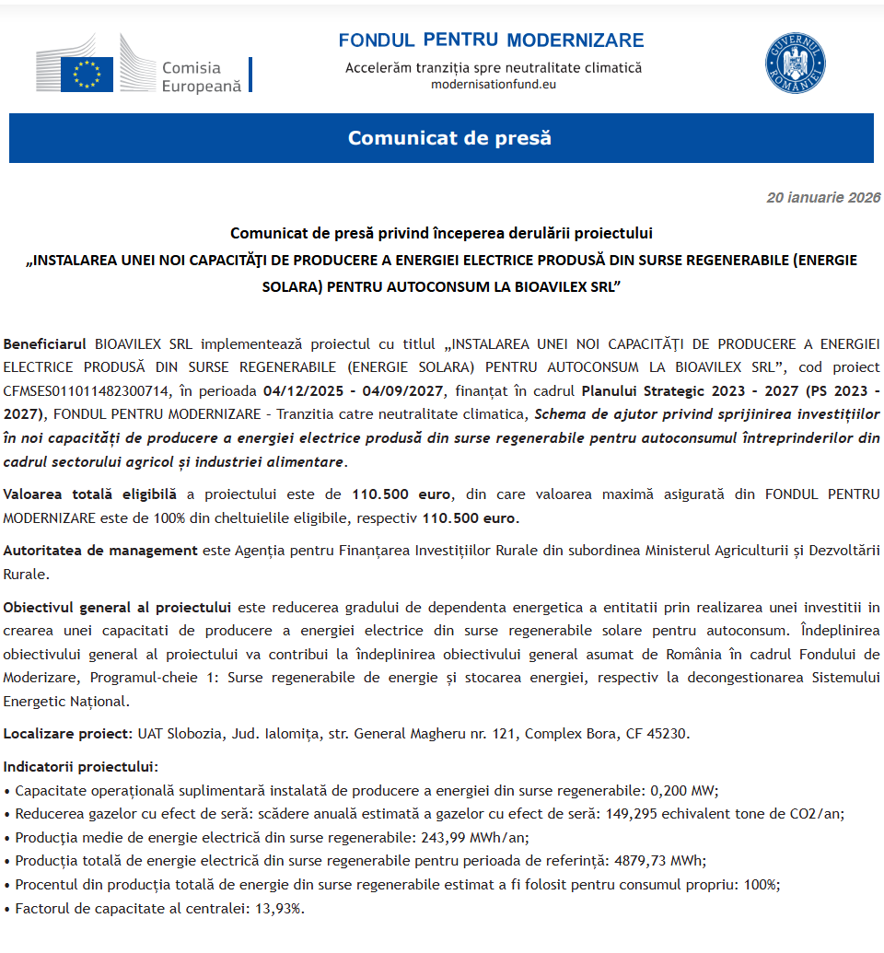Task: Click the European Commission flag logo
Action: [87, 74]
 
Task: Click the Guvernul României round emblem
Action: [795, 63]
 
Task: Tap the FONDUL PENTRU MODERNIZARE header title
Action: [491, 41]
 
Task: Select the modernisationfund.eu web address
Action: [494, 85]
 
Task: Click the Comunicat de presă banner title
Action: [448, 138]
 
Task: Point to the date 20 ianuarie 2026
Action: [822, 197]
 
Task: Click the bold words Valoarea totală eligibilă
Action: [89, 494]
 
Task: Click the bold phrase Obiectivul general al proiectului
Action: [117, 608]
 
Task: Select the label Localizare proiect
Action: [68, 734]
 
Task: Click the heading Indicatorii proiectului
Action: [80, 766]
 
